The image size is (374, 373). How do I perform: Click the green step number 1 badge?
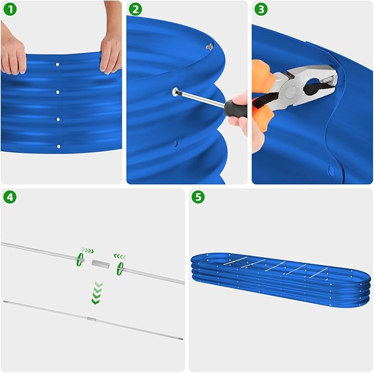click(10, 9)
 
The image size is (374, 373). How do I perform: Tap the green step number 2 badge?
click(135, 9)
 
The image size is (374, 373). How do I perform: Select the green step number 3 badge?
click(261, 9)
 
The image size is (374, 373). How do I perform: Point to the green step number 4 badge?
click(10, 197)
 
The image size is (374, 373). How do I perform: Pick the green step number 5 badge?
click(198, 197)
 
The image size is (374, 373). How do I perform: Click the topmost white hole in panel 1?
click(57, 65)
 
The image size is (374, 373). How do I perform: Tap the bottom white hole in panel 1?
click(58, 146)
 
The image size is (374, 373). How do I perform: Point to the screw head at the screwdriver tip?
click(176, 92)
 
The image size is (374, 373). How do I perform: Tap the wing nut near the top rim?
click(210, 46)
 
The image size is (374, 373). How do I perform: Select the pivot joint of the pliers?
click(290, 92)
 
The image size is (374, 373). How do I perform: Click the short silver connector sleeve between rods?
click(101, 264)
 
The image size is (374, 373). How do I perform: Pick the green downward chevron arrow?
click(97, 293)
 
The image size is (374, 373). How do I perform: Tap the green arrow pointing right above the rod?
click(88, 251)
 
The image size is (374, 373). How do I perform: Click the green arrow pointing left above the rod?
click(120, 257)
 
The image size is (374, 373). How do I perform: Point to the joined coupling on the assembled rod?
click(91, 319)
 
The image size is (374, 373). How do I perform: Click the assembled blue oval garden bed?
click(281, 280)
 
